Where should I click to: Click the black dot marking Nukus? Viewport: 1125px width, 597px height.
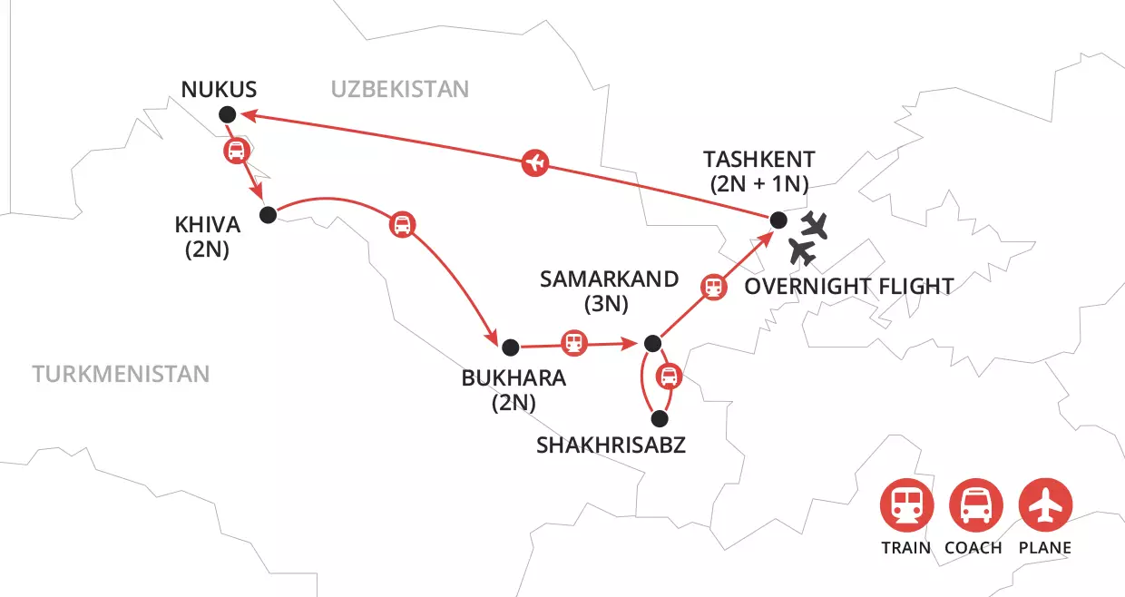227,113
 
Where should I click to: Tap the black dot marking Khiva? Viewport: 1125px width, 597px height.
267,215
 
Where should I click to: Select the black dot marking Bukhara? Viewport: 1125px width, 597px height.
510,346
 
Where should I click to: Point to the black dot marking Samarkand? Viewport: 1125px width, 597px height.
651,343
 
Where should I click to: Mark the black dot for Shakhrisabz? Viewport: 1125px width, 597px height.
660,419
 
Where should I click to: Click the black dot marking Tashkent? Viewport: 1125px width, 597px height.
778,220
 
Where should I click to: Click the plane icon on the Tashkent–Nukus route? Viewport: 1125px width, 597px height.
536,163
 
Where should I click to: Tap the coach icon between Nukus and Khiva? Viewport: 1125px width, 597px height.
235,152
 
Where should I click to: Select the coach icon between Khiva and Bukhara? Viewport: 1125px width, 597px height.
402,224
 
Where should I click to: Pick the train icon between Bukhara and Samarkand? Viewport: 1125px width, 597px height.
573,343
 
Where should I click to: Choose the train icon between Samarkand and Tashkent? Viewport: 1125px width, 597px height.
714,287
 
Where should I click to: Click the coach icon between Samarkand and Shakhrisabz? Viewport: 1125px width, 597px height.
668,375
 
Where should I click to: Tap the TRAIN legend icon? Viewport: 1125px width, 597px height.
905,505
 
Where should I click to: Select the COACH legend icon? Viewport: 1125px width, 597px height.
975,505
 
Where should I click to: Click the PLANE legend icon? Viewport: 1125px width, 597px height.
1045,505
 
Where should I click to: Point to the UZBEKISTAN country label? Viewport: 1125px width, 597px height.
399,89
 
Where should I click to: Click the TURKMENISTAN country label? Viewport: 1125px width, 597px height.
121,374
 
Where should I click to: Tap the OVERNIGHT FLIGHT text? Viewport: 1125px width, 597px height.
848,287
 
